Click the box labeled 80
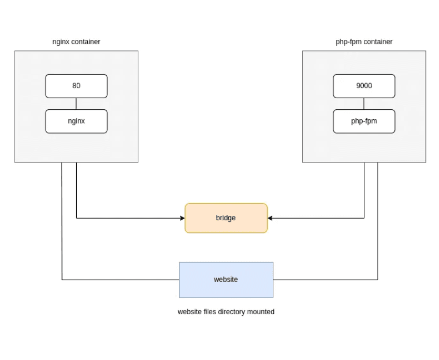point(76,86)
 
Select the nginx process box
point(76,121)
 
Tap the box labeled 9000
point(364,86)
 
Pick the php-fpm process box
point(364,121)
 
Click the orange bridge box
point(226,218)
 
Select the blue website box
point(226,280)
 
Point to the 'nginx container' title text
point(76,42)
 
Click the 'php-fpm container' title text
point(364,42)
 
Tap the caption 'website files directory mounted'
point(226,312)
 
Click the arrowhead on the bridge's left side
point(182,218)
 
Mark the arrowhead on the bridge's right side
point(271,218)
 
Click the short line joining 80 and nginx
point(76,104)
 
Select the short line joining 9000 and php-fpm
point(364,104)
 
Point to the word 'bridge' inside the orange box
point(226,218)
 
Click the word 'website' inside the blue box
point(226,280)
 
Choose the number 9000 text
point(364,86)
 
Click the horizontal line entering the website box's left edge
point(121,280)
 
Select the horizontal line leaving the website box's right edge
point(326,280)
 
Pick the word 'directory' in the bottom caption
point(231,312)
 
